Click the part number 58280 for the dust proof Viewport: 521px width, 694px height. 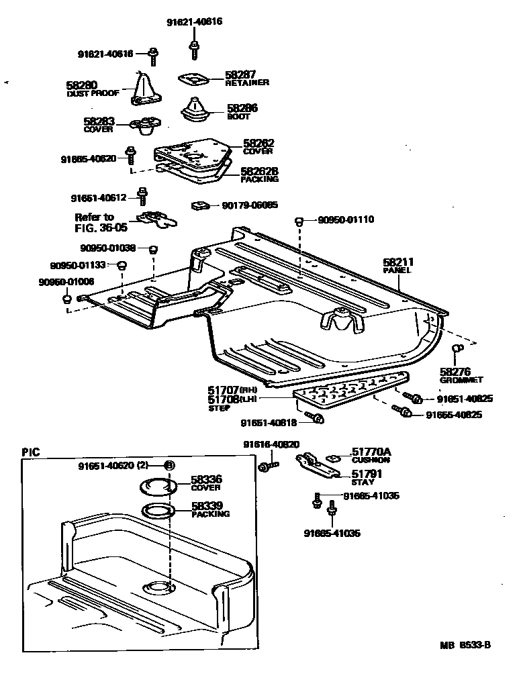(x=81, y=85)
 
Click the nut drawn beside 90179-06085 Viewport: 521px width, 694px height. (x=198, y=205)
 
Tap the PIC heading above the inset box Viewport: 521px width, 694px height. (x=31, y=452)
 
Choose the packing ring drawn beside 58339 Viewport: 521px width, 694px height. (x=158, y=511)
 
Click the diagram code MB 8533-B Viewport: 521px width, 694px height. (x=466, y=646)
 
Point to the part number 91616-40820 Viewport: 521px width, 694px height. (x=271, y=444)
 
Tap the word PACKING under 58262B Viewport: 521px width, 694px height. (x=260, y=180)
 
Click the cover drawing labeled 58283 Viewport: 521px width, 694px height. (x=144, y=126)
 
